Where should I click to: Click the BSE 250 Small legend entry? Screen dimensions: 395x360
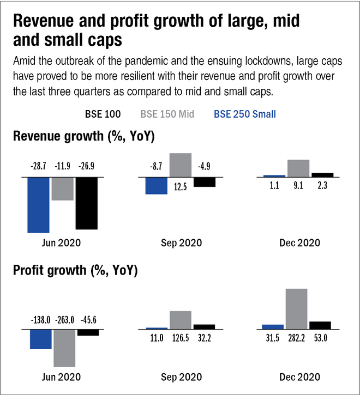(x=245, y=114)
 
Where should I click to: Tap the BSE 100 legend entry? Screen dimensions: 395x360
(x=103, y=114)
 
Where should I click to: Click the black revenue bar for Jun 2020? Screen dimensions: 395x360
(x=87, y=203)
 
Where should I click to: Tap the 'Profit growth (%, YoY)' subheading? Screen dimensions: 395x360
(x=75, y=270)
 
